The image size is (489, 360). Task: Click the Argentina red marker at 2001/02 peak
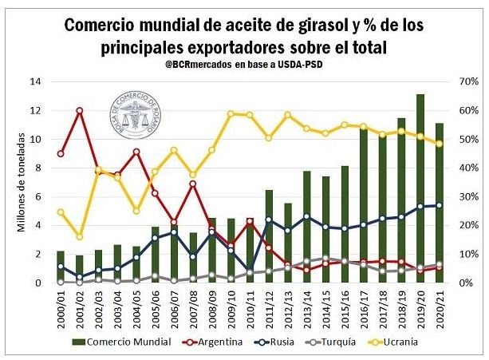point(80,110)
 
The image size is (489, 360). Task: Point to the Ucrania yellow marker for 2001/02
point(80,236)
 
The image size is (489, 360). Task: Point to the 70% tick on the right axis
point(467,81)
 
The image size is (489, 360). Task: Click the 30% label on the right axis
point(467,196)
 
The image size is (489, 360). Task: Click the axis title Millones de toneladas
point(22,182)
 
